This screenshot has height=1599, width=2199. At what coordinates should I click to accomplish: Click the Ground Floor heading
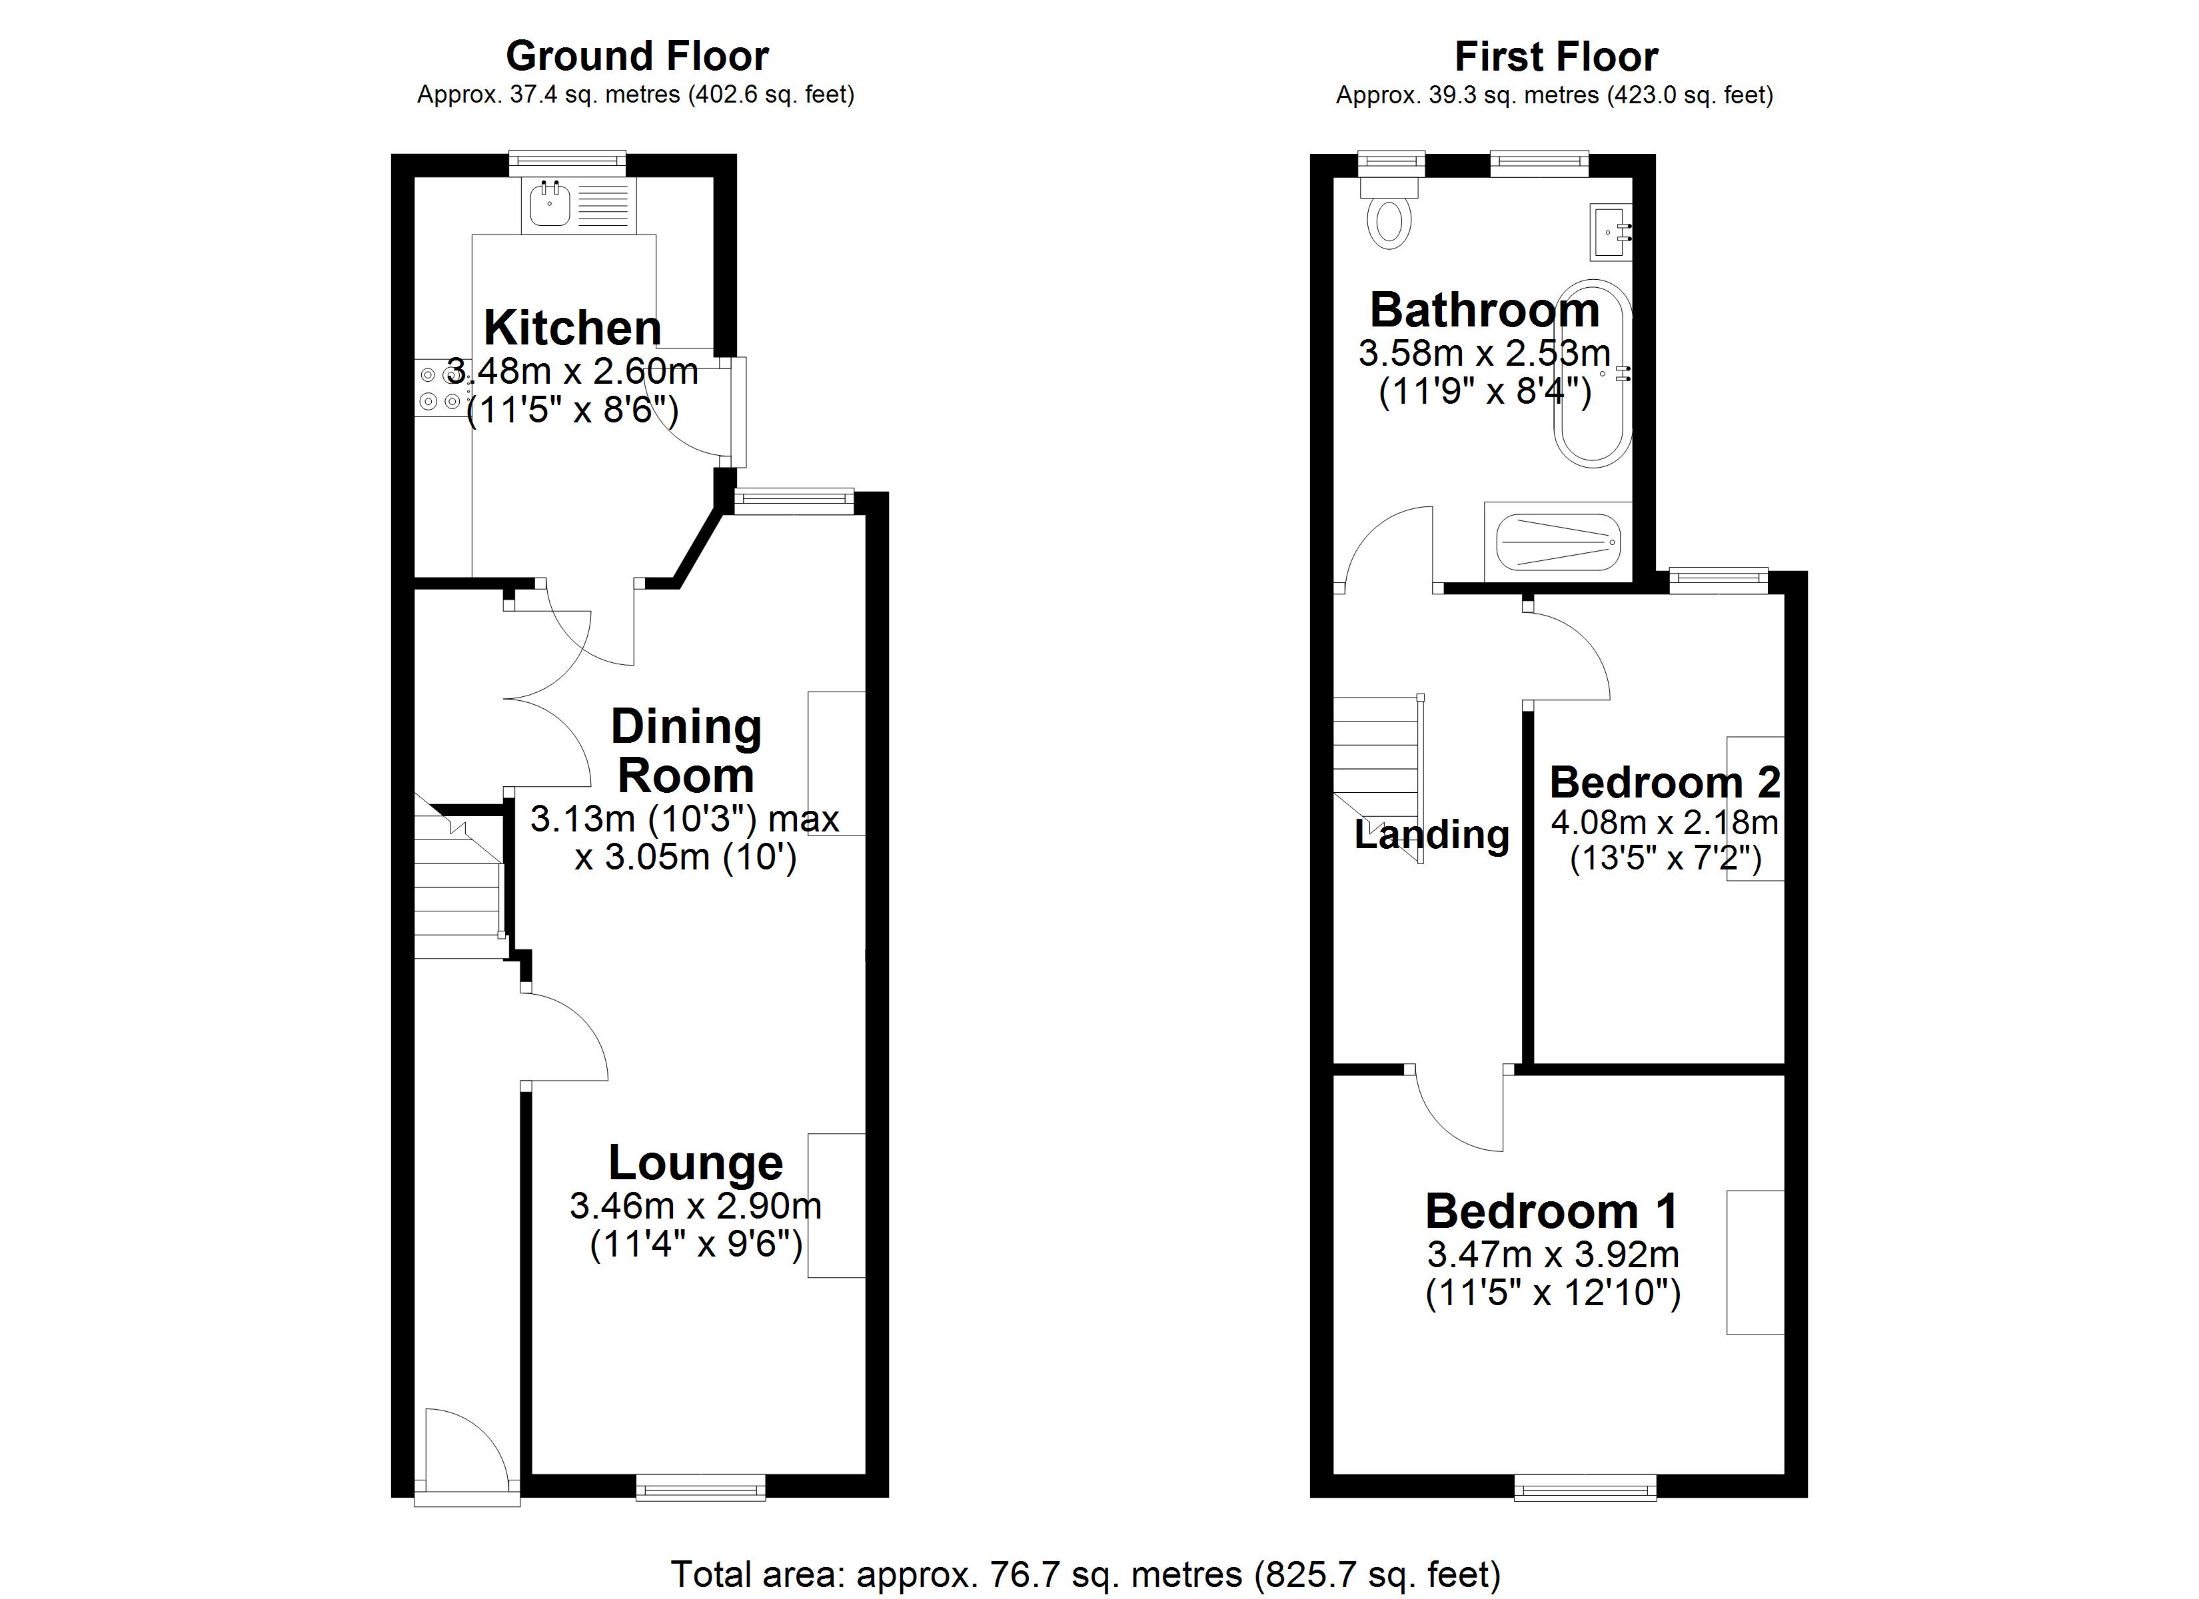tap(637, 56)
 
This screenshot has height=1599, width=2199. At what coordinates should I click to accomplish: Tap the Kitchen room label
tap(572, 328)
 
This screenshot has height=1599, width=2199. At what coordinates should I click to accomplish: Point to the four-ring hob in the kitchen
tap(439, 387)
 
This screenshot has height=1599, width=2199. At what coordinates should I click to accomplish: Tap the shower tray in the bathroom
tap(1558, 543)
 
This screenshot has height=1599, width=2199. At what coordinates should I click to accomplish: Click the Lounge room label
tap(695, 1163)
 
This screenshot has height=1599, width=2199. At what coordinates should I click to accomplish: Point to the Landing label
tap(1431, 834)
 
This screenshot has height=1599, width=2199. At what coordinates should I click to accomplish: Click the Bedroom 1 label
tap(1551, 1211)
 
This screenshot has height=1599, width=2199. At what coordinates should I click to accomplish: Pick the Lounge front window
tap(700, 1486)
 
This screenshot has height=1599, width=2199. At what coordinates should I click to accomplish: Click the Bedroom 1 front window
tap(1585, 1486)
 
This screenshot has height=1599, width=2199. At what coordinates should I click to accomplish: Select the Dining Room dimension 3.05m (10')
tap(686, 858)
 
